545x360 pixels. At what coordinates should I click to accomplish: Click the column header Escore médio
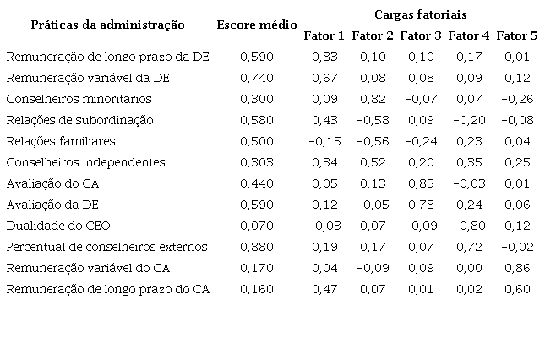tap(256, 25)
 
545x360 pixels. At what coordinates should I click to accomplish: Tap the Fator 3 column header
tap(421, 35)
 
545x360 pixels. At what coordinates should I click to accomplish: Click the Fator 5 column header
tap(517, 35)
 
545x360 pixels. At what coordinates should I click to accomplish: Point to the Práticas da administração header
tap(107, 25)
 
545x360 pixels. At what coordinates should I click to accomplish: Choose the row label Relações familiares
tap(60, 141)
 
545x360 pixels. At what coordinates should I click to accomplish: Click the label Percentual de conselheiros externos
tap(106, 247)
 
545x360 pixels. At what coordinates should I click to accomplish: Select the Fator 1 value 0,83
tap(324, 57)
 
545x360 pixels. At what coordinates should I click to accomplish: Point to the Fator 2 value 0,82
tap(373, 99)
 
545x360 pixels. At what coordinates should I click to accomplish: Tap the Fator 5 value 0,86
tap(517, 268)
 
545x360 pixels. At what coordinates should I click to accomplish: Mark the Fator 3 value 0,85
tap(421, 183)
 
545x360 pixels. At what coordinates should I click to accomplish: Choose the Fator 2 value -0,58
tap(371, 120)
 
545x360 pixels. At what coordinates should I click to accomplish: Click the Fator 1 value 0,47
tap(324, 289)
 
